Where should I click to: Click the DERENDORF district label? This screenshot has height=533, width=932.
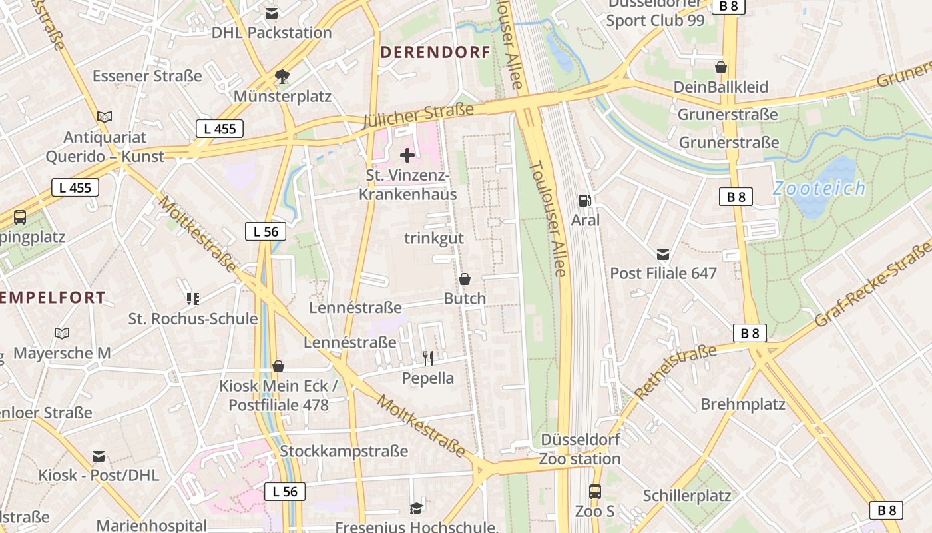pos(435,53)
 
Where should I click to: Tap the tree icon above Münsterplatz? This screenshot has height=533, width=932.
pos(282,76)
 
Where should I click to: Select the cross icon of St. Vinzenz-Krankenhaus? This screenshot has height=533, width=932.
pos(407,156)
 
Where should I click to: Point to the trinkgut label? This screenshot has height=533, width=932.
pos(434,238)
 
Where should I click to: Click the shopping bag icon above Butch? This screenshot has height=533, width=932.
pos(465,279)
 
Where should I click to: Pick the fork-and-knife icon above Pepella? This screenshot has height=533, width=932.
pos(428,358)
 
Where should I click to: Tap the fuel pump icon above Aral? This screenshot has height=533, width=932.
pos(584,200)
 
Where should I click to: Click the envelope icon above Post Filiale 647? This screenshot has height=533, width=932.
pos(663,254)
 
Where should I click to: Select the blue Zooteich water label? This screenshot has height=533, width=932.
pos(819,188)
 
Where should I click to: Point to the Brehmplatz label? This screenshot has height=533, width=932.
pos(743,404)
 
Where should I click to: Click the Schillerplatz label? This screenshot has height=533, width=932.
pos(687,496)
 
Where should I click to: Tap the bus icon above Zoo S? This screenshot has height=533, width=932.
pos(595,492)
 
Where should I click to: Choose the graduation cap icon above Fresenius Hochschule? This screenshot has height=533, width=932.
pos(417,509)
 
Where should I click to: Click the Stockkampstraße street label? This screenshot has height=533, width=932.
pos(344,451)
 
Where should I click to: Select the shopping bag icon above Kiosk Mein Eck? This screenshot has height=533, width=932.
pos(278,366)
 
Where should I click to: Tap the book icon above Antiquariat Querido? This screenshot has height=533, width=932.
pos(105,117)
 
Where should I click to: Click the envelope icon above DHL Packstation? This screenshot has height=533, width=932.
pos(272,13)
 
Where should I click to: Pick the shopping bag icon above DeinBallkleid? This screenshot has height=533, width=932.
pos(720,67)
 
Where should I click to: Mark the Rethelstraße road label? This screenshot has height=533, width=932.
pos(675,371)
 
